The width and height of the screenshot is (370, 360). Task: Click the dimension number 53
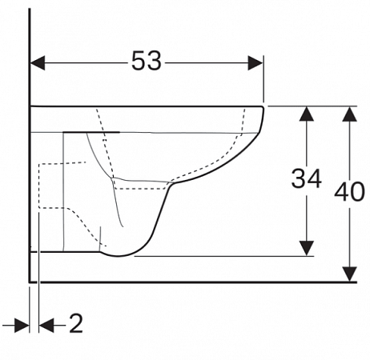[147, 61]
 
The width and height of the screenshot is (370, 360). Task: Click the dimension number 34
[306, 178]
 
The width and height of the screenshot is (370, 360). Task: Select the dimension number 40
[349, 191]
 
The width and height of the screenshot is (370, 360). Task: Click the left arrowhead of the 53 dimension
[38, 63]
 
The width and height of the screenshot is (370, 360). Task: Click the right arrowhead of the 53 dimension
[255, 63]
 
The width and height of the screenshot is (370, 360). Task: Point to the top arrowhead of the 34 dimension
[307, 114]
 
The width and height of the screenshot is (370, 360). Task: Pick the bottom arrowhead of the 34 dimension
[307, 248]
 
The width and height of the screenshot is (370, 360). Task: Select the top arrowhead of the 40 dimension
[350, 114]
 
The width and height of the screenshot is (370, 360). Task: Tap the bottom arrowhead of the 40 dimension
[350, 274]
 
